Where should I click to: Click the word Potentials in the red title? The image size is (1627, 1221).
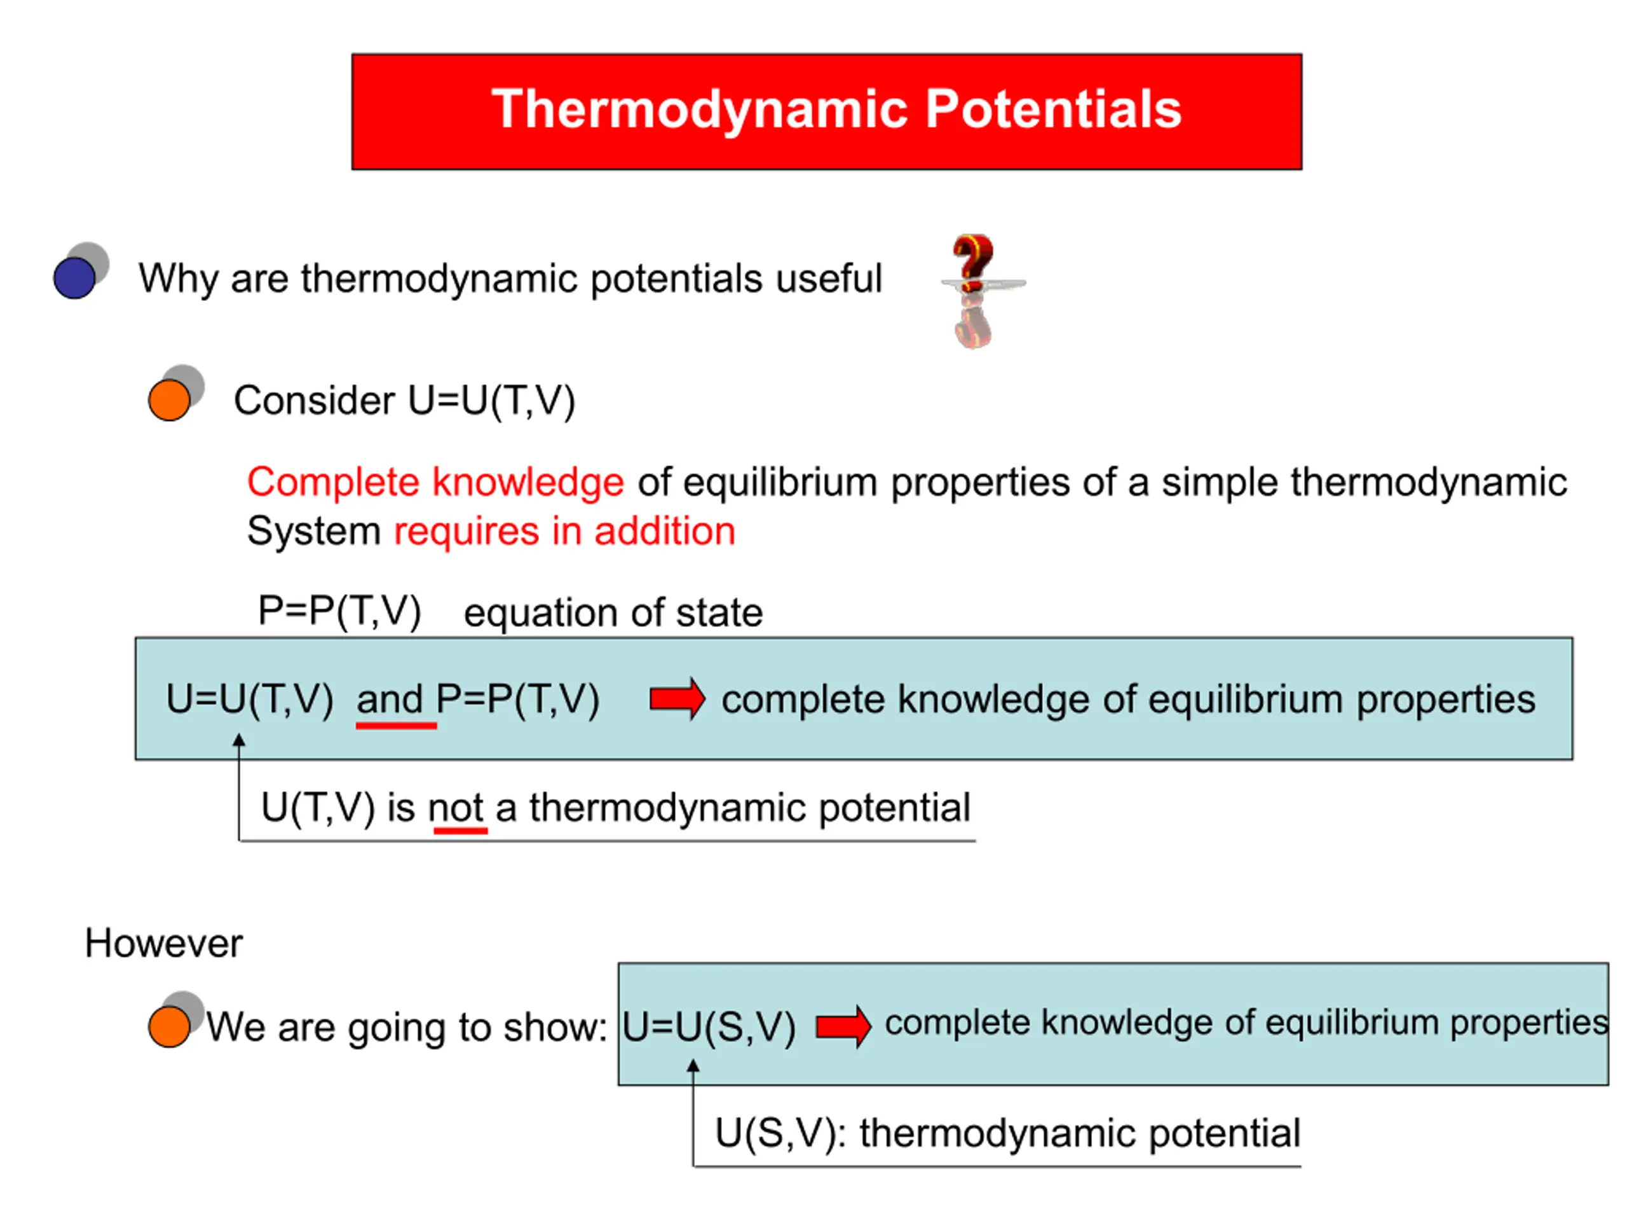pyautogui.click(x=1053, y=109)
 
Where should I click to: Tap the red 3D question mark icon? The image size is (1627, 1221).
pyautogui.click(x=973, y=290)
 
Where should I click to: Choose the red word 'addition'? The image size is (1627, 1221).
pyautogui.click(x=665, y=532)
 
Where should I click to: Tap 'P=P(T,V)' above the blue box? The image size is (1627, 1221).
pyautogui.click(x=340, y=611)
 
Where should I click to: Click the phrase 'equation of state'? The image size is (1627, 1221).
pyautogui.click(x=613, y=613)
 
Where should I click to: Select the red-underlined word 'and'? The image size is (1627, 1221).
pyautogui.click(x=389, y=699)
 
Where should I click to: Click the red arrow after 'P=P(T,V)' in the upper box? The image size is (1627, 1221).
pyautogui.click(x=677, y=699)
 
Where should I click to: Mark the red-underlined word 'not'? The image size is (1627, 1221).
pyautogui.click(x=456, y=808)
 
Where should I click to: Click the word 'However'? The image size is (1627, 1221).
pyautogui.click(x=163, y=943)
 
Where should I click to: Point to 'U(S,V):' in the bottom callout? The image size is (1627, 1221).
pyautogui.click(x=780, y=1133)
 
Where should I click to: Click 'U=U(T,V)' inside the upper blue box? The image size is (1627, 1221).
pyautogui.click(x=250, y=699)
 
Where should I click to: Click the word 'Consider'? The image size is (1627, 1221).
pyautogui.click(x=315, y=401)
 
